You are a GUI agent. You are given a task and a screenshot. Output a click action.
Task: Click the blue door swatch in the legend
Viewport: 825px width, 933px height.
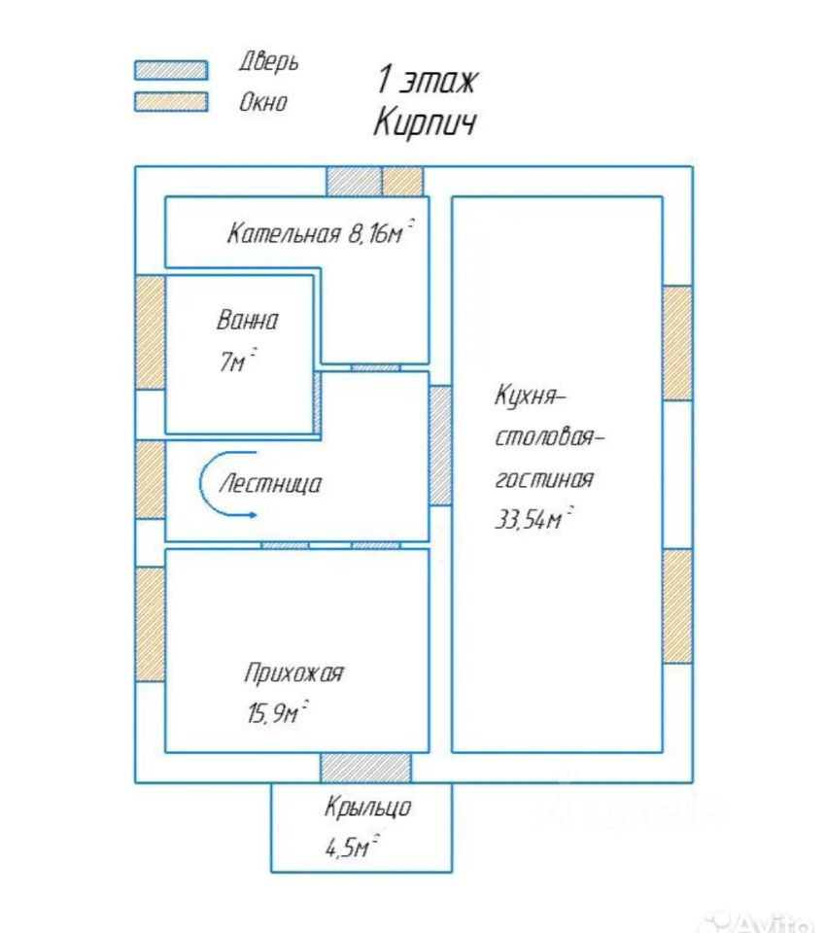pyautogui.click(x=171, y=70)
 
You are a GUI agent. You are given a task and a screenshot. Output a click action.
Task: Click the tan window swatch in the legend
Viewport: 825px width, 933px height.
pyautogui.click(x=171, y=101)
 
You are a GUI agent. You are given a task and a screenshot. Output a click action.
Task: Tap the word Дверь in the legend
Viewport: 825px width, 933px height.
pyautogui.click(x=268, y=62)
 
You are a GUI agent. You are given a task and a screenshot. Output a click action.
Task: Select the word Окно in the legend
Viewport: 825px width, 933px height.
pyautogui.click(x=263, y=101)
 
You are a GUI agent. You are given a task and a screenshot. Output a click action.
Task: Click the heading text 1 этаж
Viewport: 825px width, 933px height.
pyautogui.click(x=427, y=81)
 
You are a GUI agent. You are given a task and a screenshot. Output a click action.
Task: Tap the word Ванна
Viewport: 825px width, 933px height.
pyautogui.click(x=248, y=321)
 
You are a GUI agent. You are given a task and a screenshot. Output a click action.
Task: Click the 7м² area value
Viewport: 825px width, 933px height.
pyautogui.click(x=237, y=363)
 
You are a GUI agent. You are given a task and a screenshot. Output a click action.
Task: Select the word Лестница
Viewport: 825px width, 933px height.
pyautogui.click(x=271, y=483)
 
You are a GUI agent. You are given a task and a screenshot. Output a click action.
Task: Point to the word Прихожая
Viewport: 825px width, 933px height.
pyautogui.click(x=293, y=673)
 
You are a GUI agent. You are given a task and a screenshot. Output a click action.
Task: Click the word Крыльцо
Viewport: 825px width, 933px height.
pyautogui.click(x=368, y=807)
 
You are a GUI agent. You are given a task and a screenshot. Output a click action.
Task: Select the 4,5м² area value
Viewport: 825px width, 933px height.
pyautogui.click(x=352, y=847)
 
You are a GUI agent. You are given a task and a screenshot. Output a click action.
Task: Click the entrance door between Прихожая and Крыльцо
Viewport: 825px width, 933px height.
pyautogui.click(x=366, y=767)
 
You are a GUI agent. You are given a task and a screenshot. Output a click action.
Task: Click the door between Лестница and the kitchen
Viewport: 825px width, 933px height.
pyautogui.click(x=440, y=445)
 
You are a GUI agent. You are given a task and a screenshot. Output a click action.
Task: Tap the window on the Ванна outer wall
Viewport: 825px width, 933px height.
pyautogui.click(x=150, y=332)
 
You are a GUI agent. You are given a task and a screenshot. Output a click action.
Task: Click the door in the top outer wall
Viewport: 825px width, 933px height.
pyautogui.click(x=353, y=181)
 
